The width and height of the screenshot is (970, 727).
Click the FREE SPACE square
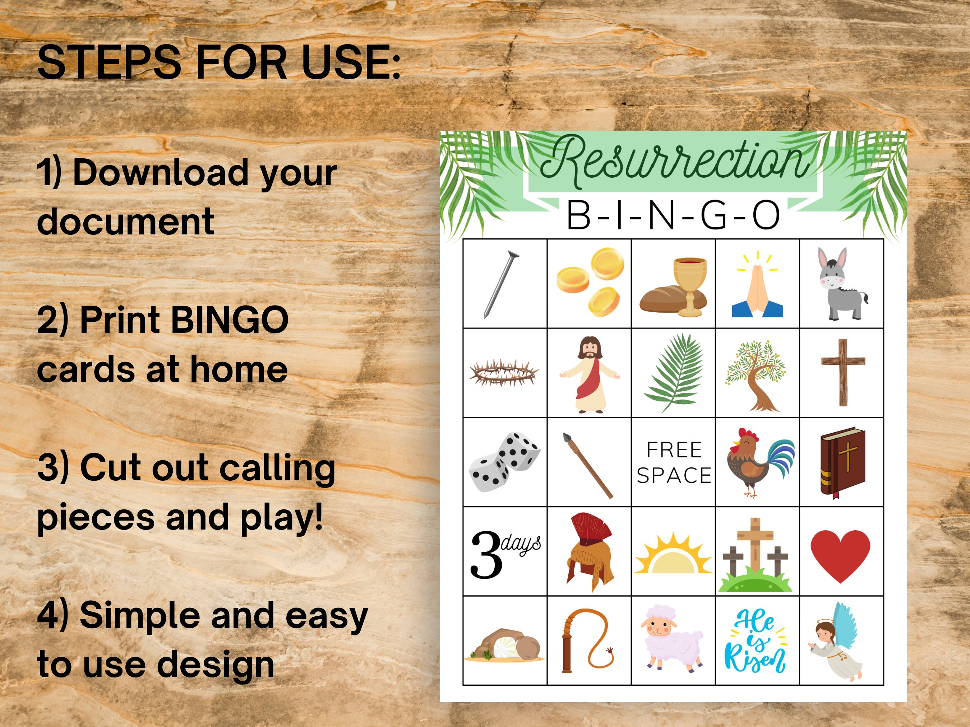674,462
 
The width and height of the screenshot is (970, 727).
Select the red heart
840,556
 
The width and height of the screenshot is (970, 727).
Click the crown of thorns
504,373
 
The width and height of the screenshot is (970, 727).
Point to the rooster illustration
759,462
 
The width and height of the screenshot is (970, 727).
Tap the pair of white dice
504,462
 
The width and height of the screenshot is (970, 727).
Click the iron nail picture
501,284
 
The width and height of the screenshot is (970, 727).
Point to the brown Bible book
842,462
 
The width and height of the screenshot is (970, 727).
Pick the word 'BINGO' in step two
229,320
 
